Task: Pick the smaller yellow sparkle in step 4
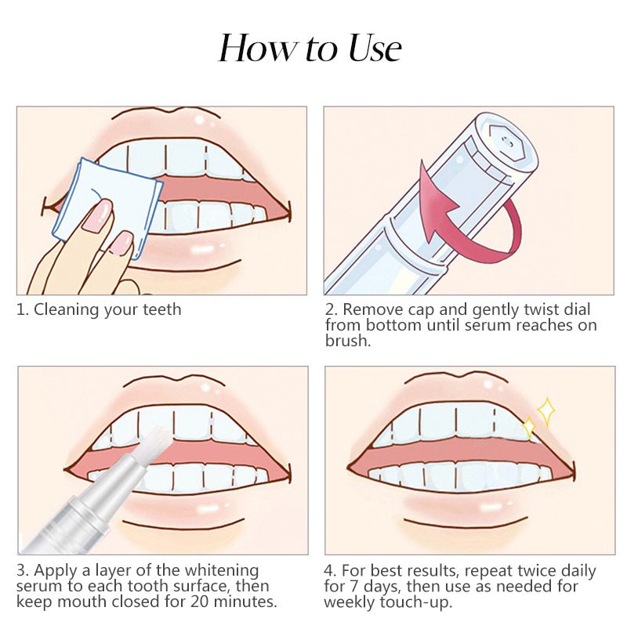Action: pos(528,428)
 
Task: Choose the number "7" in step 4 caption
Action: pos(350,587)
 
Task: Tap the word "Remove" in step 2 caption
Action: pos(371,309)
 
